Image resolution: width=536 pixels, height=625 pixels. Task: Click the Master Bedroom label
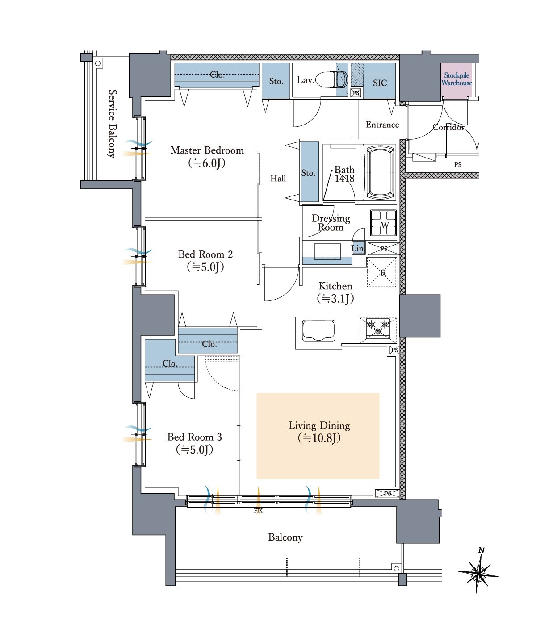pos(207,150)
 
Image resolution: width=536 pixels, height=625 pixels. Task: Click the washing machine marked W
pos(384,223)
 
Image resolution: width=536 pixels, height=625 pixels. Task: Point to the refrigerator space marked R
pos(382,272)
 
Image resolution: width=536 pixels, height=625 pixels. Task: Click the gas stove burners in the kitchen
pos(378,329)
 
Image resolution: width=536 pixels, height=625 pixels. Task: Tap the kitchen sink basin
pos(318,330)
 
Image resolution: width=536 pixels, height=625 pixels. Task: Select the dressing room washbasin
pos(327,251)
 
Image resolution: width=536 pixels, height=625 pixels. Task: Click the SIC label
pos(380,83)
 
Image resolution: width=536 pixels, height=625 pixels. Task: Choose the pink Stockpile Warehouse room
pos(456,80)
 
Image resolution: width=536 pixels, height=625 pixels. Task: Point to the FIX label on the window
pos(258,511)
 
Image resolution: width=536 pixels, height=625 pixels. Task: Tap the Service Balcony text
pos(112,124)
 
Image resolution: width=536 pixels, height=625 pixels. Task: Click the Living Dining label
pos(319,426)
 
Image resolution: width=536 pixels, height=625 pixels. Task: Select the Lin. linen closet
pos(359,249)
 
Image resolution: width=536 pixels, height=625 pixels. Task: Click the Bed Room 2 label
pos(205,254)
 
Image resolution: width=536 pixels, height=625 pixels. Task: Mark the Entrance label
pos(382,125)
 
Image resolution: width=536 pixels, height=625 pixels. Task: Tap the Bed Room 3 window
pos(139,433)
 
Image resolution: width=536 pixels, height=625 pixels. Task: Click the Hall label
pos(278,179)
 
